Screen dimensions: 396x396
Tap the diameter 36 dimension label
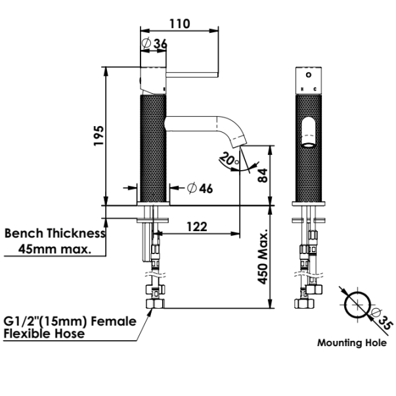pos(155,44)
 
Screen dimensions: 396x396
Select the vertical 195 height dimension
pos(98,137)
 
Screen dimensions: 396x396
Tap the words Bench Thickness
pos(55,233)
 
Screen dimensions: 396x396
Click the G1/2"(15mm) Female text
pos(70,322)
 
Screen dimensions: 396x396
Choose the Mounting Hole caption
pos(351,342)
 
